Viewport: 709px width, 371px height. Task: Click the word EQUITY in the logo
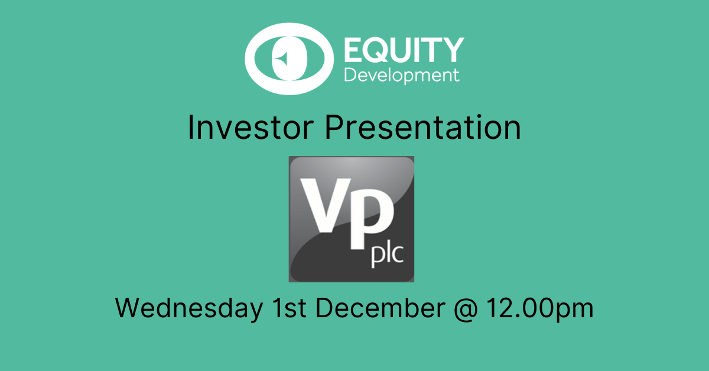pos(404,50)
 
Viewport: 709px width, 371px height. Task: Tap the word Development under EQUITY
pos(402,76)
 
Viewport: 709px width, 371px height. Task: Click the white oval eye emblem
pos(253,59)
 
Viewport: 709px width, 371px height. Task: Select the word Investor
pos(251,127)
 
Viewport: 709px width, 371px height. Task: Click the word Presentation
pos(423,127)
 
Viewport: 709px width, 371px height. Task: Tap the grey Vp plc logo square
pos(352,219)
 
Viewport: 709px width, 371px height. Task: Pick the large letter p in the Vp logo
pos(372,219)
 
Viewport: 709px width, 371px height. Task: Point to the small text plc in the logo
pos(388,255)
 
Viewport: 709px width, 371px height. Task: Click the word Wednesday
pos(189,308)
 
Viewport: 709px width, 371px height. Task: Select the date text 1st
pos(290,307)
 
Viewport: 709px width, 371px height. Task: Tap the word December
pos(380,307)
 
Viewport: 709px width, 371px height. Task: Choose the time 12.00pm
pos(540,308)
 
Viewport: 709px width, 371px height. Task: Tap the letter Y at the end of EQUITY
pos(451,50)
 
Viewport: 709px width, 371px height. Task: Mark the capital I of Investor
pos(190,127)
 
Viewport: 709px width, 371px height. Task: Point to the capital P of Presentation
pos(334,127)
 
